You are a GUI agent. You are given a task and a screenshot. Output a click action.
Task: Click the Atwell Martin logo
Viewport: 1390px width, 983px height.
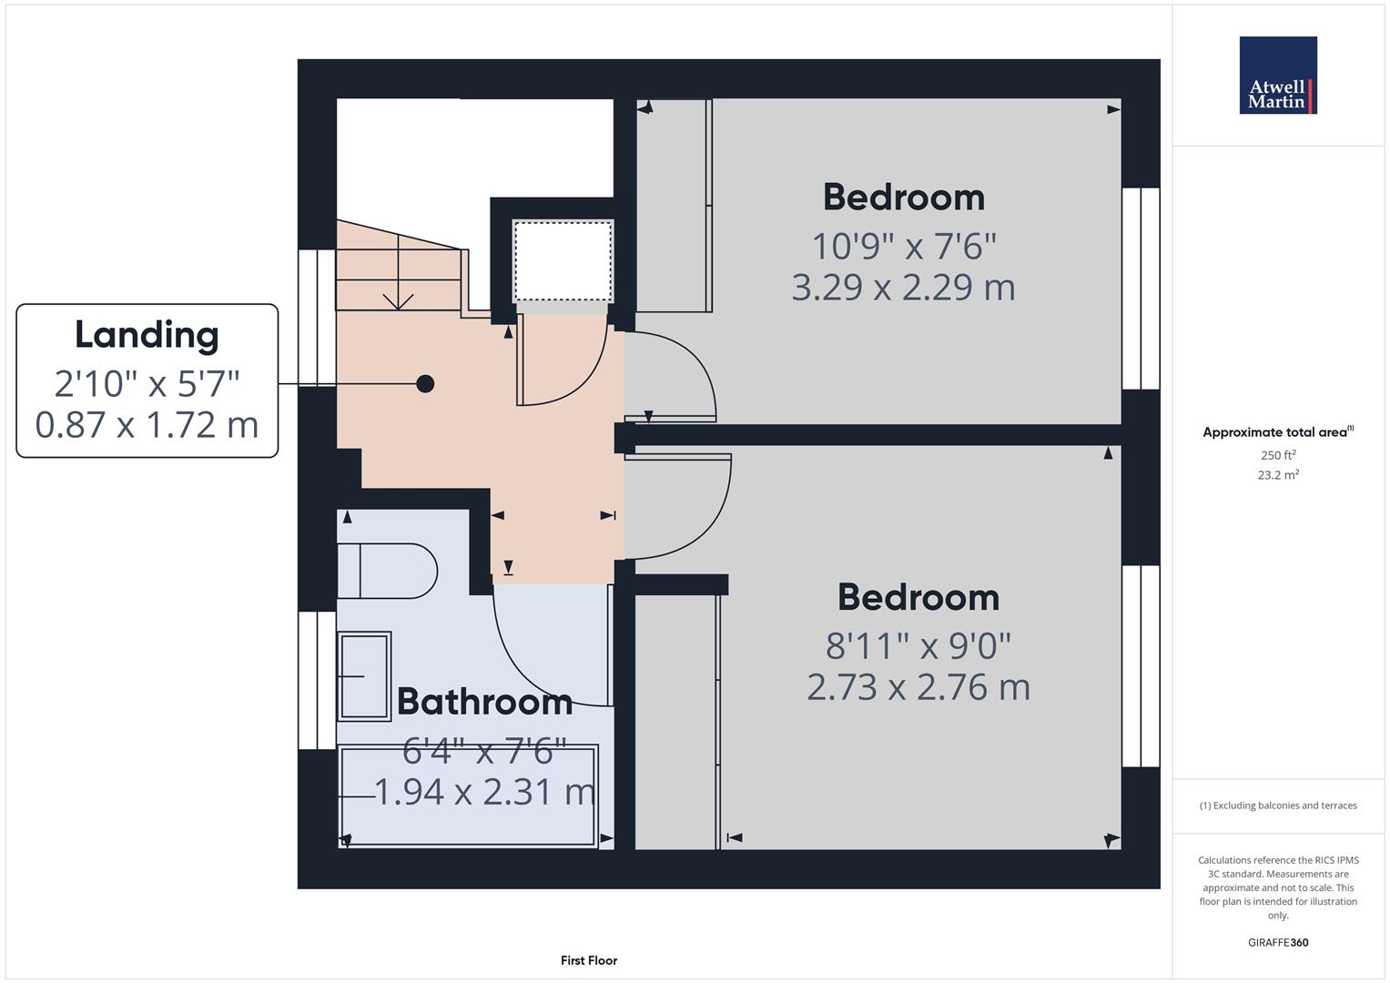(x=1278, y=75)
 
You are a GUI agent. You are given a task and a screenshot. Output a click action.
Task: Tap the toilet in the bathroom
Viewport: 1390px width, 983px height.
(x=387, y=571)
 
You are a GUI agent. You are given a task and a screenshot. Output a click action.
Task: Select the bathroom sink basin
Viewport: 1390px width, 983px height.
(x=364, y=676)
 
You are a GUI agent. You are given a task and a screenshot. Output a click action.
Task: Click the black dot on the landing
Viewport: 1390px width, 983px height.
(x=425, y=384)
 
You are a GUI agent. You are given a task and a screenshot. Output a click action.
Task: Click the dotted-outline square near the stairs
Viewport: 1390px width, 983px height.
(x=563, y=261)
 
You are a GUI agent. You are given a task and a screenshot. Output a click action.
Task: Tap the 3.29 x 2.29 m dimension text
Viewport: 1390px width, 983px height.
(x=904, y=288)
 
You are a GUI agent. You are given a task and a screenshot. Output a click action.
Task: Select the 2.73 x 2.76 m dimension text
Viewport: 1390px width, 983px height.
(x=918, y=687)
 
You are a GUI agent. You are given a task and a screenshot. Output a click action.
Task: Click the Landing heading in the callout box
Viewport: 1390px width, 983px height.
(x=147, y=335)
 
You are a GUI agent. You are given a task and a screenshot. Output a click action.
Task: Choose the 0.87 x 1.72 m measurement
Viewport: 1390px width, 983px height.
(x=147, y=426)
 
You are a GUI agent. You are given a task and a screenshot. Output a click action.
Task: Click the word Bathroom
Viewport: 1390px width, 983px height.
(x=484, y=702)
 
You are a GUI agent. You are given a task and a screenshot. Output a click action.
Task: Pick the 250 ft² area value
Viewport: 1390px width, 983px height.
(x=1278, y=455)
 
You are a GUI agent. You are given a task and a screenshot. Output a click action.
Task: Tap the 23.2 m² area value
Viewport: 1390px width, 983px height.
(x=1278, y=475)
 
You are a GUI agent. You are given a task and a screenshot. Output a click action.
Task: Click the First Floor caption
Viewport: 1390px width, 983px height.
(x=589, y=960)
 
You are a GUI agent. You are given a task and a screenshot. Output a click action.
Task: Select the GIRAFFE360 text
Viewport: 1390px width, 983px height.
(x=1278, y=943)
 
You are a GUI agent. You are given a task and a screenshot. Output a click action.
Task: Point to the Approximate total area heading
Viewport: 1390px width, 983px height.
(x=1278, y=432)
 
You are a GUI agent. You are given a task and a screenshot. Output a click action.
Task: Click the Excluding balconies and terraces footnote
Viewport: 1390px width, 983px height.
(x=1278, y=806)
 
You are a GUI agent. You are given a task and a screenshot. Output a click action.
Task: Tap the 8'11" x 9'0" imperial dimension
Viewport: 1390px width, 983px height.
(x=918, y=646)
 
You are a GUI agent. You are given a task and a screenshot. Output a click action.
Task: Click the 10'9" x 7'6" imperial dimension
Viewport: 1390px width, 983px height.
(x=904, y=247)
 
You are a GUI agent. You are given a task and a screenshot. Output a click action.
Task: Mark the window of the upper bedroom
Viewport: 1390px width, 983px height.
(x=1141, y=289)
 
